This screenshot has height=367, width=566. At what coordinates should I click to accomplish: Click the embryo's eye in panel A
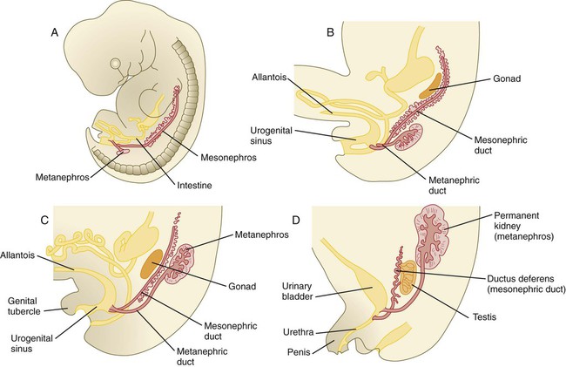(115, 65)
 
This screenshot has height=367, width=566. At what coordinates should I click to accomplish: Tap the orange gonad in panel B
(428, 86)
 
